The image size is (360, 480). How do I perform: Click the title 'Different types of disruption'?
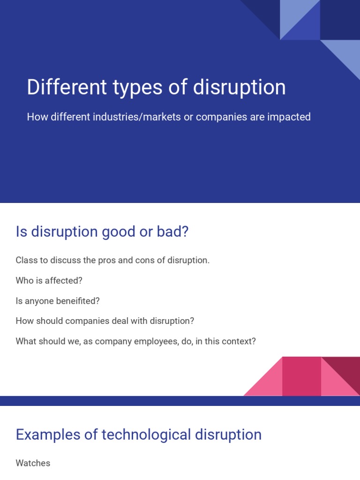[156, 88]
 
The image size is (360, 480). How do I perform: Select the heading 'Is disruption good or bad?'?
[102, 232]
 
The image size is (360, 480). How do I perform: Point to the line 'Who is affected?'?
[49, 281]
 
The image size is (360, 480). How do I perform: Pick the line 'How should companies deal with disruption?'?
[105, 321]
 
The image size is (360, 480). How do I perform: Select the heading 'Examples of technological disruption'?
[138, 435]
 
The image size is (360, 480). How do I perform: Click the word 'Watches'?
[33, 463]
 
